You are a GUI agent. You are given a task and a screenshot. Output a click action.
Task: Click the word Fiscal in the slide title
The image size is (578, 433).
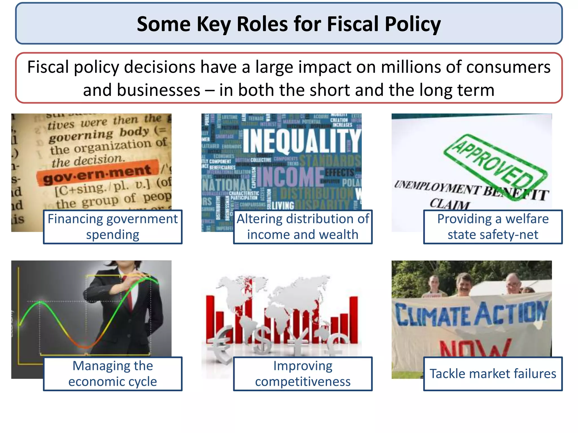tap(353, 24)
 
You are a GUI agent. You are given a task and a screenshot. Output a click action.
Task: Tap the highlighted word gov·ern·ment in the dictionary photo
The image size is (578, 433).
tap(97, 174)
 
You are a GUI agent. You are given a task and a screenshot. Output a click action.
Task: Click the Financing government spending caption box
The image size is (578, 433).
tap(113, 227)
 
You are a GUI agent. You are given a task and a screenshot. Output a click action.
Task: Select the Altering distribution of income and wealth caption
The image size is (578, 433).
tap(303, 227)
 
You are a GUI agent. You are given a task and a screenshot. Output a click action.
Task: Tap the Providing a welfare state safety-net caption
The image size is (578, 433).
tap(493, 227)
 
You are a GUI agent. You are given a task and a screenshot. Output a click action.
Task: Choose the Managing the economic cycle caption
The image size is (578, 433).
tap(113, 374)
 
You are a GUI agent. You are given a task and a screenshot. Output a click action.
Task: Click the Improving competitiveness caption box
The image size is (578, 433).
tap(303, 374)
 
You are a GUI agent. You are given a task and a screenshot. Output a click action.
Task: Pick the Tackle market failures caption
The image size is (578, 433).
tap(493, 374)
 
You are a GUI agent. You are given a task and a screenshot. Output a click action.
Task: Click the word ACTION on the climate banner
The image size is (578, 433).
tap(511, 313)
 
